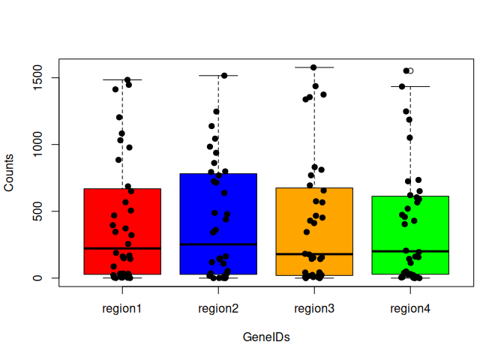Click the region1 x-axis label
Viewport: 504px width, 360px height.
(122, 307)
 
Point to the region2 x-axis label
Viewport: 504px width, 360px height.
(218, 307)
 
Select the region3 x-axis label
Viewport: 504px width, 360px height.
(314, 307)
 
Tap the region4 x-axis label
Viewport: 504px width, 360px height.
(410, 307)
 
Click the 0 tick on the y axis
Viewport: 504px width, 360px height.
(47, 278)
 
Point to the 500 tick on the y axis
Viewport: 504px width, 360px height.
(47, 211)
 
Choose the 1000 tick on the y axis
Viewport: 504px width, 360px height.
(47, 145)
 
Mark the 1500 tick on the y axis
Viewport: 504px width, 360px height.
(47, 78)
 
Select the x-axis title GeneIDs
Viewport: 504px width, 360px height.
(266, 337)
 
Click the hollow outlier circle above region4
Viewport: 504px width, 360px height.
(410, 70)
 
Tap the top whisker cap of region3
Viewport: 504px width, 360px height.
(314, 67)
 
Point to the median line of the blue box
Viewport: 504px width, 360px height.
(218, 244)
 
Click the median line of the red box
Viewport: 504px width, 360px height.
(122, 248)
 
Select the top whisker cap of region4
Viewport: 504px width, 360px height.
(410, 86)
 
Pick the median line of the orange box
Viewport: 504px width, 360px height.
(314, 254)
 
